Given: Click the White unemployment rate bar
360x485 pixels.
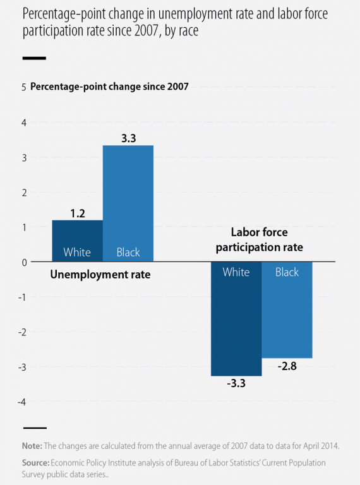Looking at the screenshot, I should tap(77, 240).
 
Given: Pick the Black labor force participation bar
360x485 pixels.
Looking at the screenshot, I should tap(287, 309).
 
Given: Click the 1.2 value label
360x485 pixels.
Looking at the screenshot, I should tap(77, 213).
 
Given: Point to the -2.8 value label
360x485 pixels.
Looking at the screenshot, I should tap(287, 366).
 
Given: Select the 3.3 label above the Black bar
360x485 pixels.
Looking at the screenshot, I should tap(128, 138).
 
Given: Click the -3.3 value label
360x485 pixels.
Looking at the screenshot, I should tap(236, 383).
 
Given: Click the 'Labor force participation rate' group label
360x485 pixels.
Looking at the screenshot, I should tap(260, 240).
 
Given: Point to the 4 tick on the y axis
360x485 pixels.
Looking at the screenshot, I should tap(24, 123).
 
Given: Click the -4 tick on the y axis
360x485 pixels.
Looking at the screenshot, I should tap(22, 402).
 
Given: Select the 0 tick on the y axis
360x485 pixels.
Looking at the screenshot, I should tap(24, 262).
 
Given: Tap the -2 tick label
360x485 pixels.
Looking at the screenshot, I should tap(22, 332).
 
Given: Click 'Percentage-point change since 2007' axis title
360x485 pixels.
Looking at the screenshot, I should tap(109, 87).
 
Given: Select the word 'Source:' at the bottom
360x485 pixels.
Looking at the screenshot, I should tap(36, 463).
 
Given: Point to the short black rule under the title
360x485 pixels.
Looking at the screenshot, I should tap(34, 58).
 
